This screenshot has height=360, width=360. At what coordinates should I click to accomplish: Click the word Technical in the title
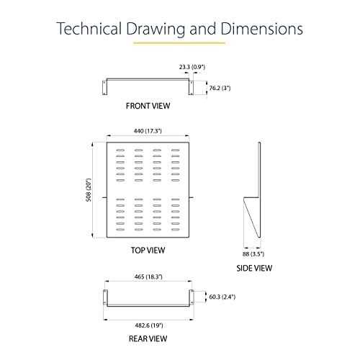click(89, 29)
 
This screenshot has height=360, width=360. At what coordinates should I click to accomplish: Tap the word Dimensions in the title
click(261, 29)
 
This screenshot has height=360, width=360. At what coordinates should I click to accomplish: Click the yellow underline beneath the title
click(179, 43)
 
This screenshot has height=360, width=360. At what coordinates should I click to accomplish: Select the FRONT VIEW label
click(148, 106)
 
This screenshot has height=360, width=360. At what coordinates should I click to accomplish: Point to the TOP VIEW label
click(148, 251)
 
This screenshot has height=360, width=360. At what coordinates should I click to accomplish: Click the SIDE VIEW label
click(254, 268)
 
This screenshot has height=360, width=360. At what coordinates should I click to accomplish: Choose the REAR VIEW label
click(148, 338)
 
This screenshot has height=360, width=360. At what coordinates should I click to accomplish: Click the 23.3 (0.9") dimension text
click(192, 67)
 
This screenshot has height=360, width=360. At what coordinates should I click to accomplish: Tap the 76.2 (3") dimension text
click(220, 88)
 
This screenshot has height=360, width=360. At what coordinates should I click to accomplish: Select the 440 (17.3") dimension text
click(148, 131)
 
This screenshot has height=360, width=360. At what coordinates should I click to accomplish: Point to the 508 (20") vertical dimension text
click(89, 190)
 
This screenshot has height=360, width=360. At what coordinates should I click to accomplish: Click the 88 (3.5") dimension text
click(253, 254)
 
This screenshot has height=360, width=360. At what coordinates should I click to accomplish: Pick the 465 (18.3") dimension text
click(148, 276)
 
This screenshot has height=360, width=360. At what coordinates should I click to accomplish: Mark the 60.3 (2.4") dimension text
click(222, 297)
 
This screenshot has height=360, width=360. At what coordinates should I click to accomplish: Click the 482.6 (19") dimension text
click(149, 325)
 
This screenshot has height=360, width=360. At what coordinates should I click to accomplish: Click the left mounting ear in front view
click(104, 88)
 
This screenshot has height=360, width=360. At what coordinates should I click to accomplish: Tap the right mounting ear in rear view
click(192, 297)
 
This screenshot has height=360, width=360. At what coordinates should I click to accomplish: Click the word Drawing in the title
click(156, 29)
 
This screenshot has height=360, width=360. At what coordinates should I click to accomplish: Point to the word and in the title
click(202, 29)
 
